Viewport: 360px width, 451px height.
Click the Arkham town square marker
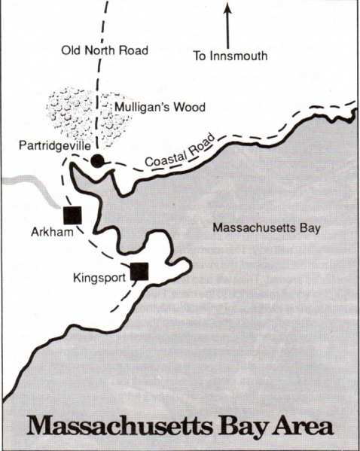[x=72, y=215]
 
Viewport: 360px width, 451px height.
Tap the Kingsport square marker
[x=139, y=272]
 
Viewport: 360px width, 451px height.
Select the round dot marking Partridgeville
[x=98, y=160]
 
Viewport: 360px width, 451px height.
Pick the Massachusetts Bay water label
[x=261, y=227]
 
